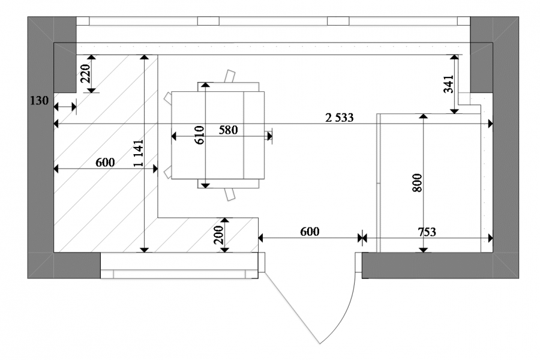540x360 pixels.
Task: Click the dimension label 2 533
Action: click(x=339, y=118)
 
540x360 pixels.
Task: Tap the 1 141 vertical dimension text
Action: click(x=139, y=154)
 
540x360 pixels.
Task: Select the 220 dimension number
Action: click(x=85, y=73)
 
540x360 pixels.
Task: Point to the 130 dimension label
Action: click(x=39, y=101)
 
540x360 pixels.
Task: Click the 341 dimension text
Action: click(x=449, y=84)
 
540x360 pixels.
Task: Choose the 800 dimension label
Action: click(x=417, y=182)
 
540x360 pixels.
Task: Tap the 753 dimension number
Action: click(x=427, y=232)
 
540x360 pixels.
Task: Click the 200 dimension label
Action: click(x=218, y=235)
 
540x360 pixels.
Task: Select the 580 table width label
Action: click(x=229, y=130)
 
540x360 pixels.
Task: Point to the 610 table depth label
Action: click(x=199, y=135)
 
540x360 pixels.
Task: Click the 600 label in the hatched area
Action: click(x=105, y=162)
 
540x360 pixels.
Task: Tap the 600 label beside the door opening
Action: click(x=310, y=232)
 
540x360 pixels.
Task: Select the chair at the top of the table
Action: click(x=230, y=76)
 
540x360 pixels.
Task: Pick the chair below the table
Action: click(x=230, y=194)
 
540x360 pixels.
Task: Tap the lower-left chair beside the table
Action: click(x=168, y=172)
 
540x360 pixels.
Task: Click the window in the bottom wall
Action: click(x=179, y=266)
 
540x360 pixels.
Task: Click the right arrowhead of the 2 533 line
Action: click(x=490, y=124)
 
